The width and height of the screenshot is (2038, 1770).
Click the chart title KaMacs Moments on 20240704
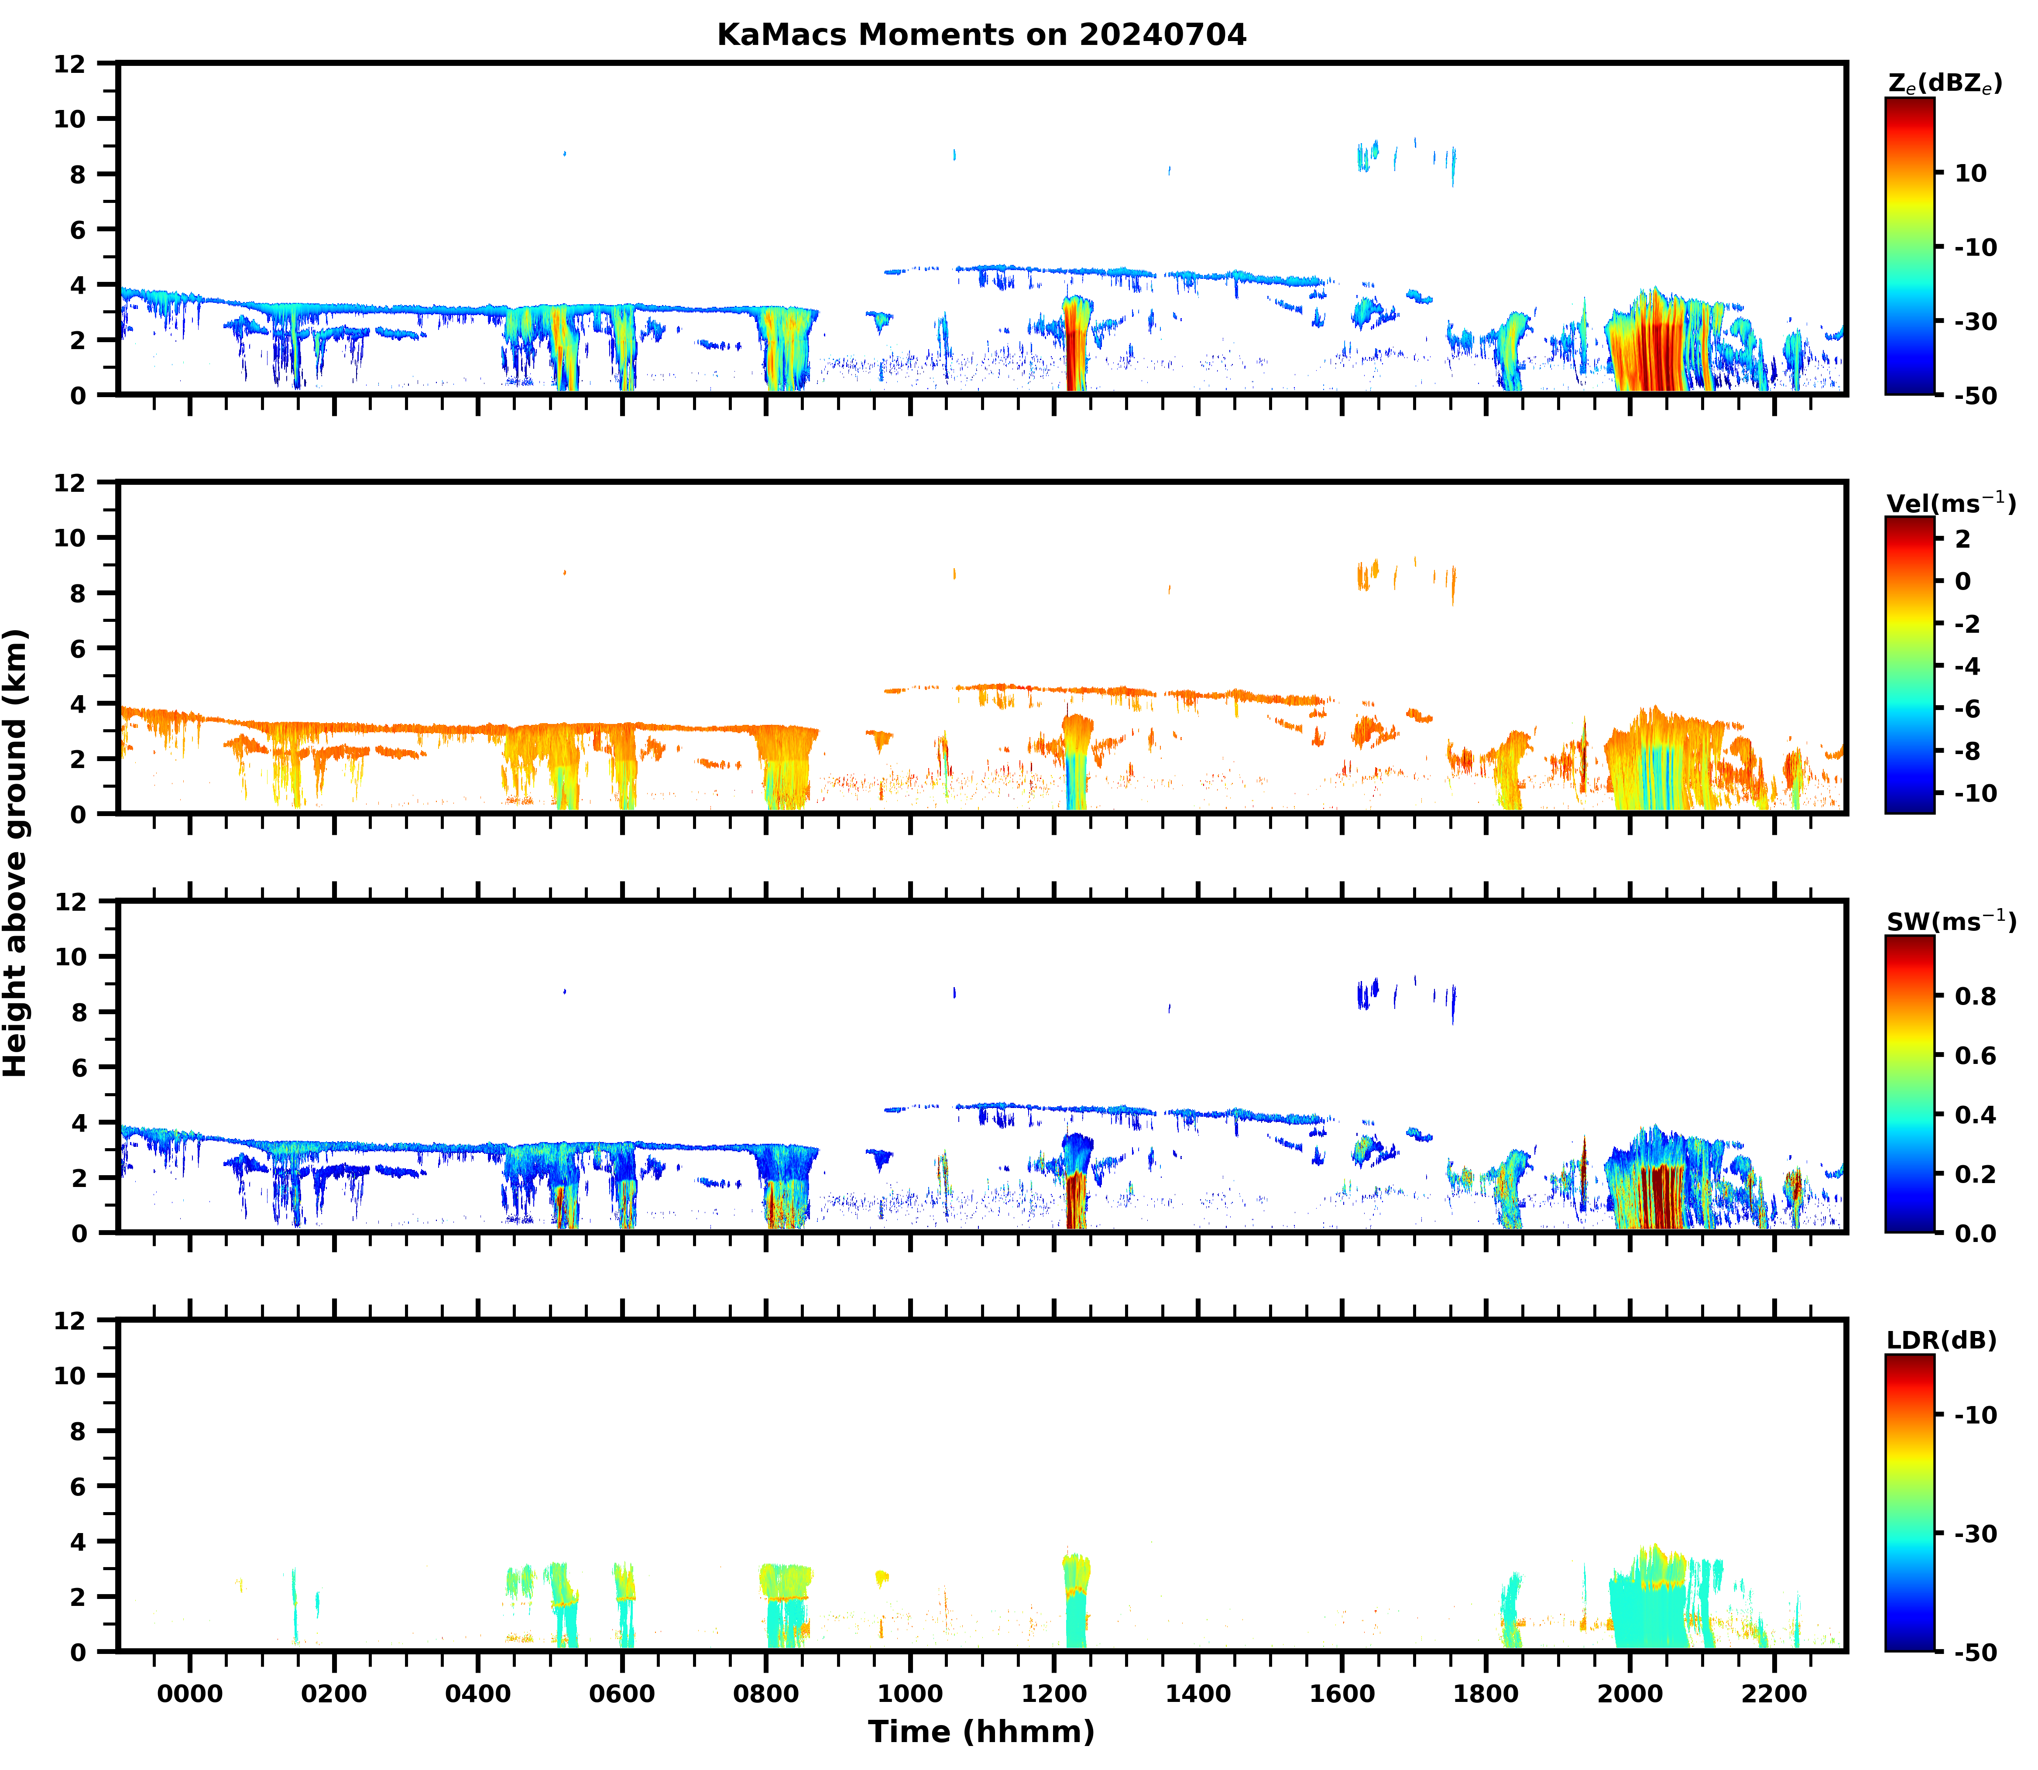[981, 34]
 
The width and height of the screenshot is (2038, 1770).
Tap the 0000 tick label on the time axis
[190, 1694]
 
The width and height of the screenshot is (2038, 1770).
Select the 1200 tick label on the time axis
[1054, 1694]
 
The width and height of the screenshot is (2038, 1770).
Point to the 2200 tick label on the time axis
[1774, 1694]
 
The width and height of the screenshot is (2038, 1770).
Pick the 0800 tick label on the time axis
[765, 1694]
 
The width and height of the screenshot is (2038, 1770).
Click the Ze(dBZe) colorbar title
[1944, 84]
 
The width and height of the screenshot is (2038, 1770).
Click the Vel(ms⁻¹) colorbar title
[1950, 503]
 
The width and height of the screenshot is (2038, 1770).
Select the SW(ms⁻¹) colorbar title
[1950, 922]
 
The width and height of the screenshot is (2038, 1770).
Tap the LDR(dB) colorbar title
[1940, 1340]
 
